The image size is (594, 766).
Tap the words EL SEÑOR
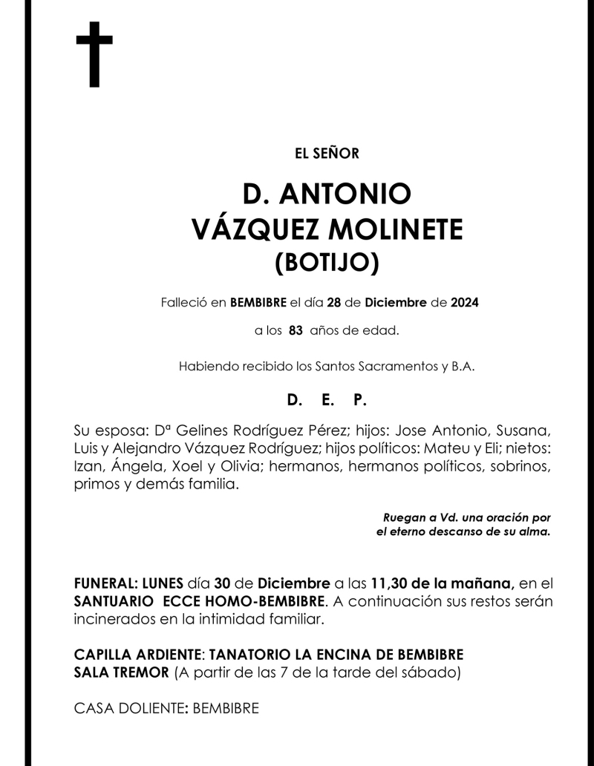[327, 154]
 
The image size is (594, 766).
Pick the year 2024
[464, 303]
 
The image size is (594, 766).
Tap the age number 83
[296, 331]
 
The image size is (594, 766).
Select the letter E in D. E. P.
[327, 400]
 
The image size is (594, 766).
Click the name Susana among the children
[523, 431]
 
